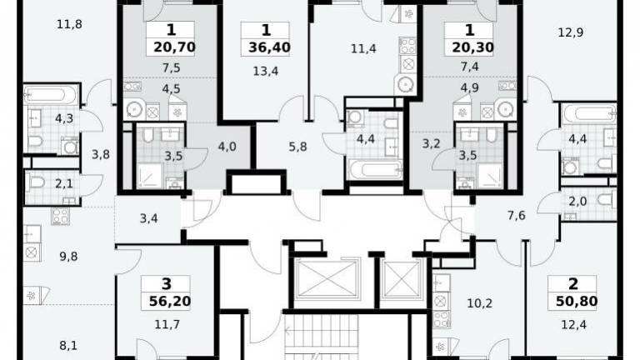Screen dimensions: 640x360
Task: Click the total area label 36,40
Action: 269,47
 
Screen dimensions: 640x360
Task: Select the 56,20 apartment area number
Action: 170,301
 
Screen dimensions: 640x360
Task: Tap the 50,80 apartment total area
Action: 577,301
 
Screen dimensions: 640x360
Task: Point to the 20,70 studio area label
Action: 175,47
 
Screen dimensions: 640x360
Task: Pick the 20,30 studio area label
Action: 473,47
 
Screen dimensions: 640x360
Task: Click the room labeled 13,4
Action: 266,72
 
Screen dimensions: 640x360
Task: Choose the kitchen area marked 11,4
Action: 363,49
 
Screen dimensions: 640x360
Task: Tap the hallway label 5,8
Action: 297,147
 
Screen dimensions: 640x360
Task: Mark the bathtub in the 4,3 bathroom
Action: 51,96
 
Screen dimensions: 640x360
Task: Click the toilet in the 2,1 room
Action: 37,182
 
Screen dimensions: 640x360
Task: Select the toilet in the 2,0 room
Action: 606,200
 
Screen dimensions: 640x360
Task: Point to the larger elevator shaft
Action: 327,279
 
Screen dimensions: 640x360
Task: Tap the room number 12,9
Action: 571,32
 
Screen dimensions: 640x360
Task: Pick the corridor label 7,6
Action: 517,215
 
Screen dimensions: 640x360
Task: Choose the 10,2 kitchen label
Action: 480,303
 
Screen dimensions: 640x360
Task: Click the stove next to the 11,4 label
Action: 407,45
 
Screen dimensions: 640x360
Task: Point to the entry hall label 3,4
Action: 148,219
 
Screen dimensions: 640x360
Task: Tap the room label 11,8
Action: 69,24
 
